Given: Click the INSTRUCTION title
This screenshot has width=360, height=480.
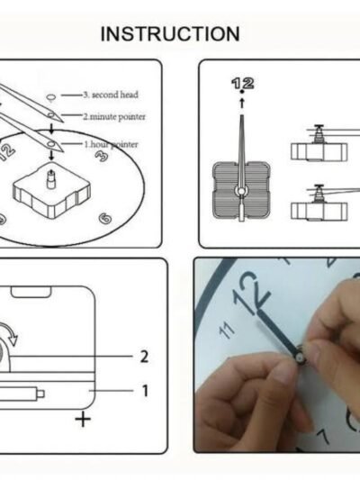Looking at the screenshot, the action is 170,34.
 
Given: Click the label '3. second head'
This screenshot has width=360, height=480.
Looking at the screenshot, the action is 111,95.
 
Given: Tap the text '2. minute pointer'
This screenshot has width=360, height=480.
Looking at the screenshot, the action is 114,117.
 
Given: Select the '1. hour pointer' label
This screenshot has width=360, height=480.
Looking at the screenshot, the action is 111,144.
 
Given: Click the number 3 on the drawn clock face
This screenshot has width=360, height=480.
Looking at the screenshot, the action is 102,156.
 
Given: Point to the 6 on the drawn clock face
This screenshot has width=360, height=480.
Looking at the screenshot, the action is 105,219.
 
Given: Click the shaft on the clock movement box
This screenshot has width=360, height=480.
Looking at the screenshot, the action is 51,179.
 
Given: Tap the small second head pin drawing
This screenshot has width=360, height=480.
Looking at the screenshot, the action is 51,97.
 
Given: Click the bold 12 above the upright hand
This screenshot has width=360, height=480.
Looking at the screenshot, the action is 242,83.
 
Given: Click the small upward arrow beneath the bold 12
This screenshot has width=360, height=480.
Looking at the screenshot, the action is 242,104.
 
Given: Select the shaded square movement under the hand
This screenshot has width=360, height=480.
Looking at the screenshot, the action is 241,191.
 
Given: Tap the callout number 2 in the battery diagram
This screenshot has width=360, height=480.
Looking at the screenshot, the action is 144,357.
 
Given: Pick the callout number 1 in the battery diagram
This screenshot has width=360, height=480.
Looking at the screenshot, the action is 145,391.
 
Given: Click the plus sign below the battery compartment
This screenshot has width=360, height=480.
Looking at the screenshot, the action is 83,419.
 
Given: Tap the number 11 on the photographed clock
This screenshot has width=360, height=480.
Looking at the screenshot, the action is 228,330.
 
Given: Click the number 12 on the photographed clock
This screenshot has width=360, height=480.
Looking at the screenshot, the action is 251,293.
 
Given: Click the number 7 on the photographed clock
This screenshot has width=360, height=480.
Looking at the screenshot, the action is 322,437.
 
